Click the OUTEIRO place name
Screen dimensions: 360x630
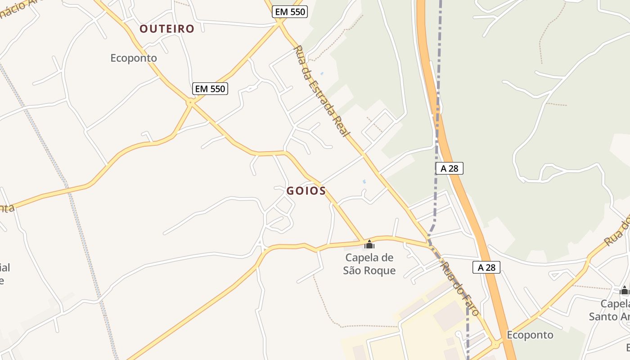coord(166,29)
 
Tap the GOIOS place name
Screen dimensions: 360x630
coord(306,191)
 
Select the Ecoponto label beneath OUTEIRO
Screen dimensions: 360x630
coord(134,58)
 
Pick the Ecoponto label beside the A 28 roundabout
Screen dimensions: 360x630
coord(530,335)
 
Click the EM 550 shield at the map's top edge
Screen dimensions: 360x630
coord(290,12)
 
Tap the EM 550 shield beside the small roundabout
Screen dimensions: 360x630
coord(210,89)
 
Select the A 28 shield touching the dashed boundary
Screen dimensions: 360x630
coord(449,168)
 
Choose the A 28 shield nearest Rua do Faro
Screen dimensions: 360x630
coord(486,267)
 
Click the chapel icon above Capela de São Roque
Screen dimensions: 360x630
coord(369,244)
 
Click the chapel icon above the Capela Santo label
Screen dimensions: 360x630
coord(624,290)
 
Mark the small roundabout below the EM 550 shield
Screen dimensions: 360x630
coord(191,103)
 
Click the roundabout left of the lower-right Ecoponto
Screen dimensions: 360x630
coord(496,345)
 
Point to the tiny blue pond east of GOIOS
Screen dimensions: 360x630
coord(364,181)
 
